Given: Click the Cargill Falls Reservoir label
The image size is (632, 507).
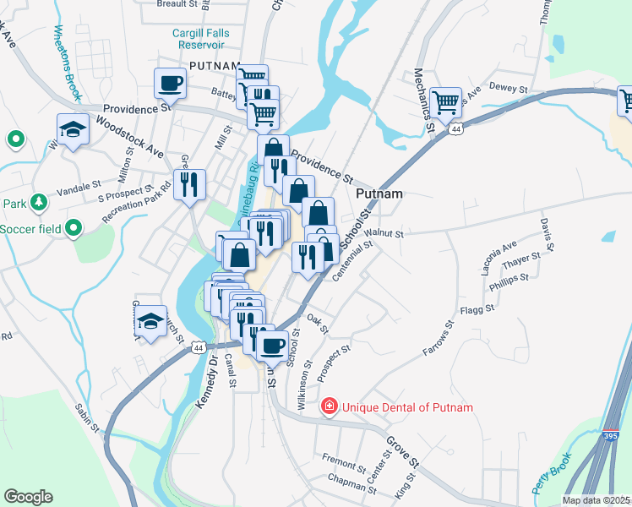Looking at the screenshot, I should pyautogui.click(x=199, y=38).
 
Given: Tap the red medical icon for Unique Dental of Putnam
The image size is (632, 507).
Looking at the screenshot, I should pyautogui.click(x=329, y=407).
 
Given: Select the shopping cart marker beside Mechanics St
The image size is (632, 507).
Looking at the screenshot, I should pyautogui.click(x=445, y=102).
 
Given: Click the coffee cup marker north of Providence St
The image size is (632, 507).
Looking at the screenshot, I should pyautogui.click(x=170, y=83).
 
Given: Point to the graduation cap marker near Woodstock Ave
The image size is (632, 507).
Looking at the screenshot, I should pyautogui.click(x=73, y=129).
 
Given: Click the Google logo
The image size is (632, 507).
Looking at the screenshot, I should pyautogui.click(x=28, y=497).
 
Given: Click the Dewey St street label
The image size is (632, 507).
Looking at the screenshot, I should pyautogui.click(x=508, y=88).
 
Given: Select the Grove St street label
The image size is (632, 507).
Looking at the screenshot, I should pyautogui.click(x=403, y=453).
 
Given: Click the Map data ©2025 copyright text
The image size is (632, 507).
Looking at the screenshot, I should pyautogui.click(x=596, y=500).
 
